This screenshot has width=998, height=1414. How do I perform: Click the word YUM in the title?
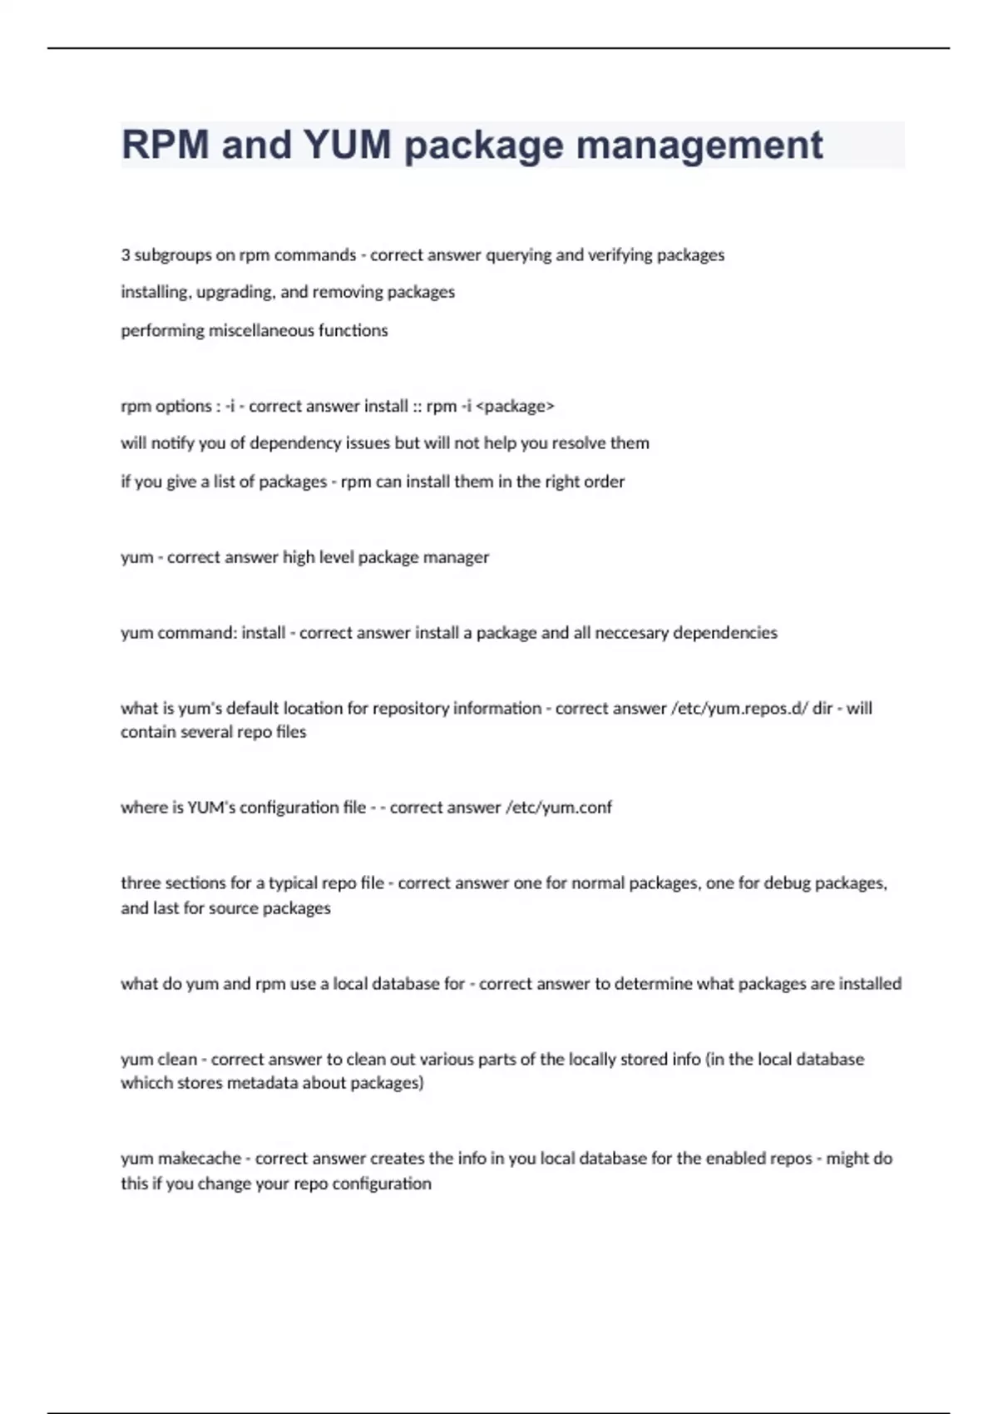(347, 145)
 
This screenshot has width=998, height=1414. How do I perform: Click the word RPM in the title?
(166, 145)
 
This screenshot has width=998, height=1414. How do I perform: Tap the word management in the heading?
(699, 145)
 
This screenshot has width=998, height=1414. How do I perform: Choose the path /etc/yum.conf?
(558, 808)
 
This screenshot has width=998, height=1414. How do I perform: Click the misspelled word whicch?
(146, 1083)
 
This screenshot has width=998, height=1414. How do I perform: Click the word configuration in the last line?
(382, 1184)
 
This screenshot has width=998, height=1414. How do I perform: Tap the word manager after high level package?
(456, 557)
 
